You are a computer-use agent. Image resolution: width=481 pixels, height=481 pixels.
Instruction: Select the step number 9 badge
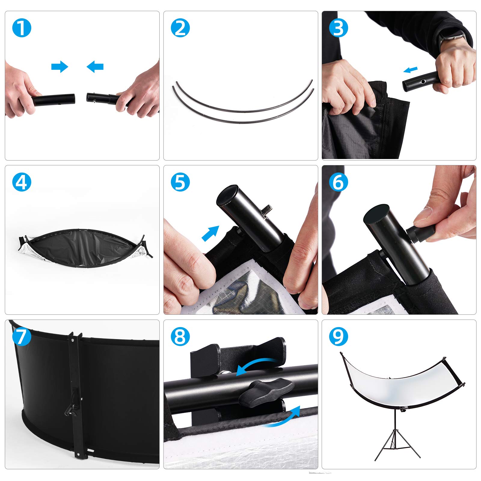click(x=339, y=336)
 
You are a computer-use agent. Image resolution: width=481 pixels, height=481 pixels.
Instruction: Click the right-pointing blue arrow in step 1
click(x=60, y=66)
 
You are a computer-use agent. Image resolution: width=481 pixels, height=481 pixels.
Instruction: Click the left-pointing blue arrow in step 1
click(x=95, y=66)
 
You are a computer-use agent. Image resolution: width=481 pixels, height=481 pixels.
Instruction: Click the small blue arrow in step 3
click(x=410, y=70)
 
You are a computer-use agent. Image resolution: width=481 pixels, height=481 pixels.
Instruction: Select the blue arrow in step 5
click(x=210, y=233)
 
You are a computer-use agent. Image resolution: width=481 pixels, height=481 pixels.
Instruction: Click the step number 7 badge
click(x=22, y=336)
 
